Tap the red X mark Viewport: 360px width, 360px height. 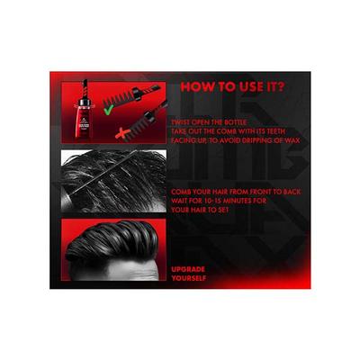pyautogui.click(x=122, y=133)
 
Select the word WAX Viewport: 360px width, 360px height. pyautogui.click(x=292, y=140)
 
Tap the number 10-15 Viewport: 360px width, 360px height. pyautogui.click(x=216, y=201)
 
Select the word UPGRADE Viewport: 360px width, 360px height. pyautogui.click(x=188, y=269)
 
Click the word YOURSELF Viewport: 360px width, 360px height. pyautogui.click(x=189, y=278)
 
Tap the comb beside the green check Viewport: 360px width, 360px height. pyautogui.click(x=132, y=94)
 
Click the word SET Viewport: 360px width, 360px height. pyautogui.click(x=222, y=210)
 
